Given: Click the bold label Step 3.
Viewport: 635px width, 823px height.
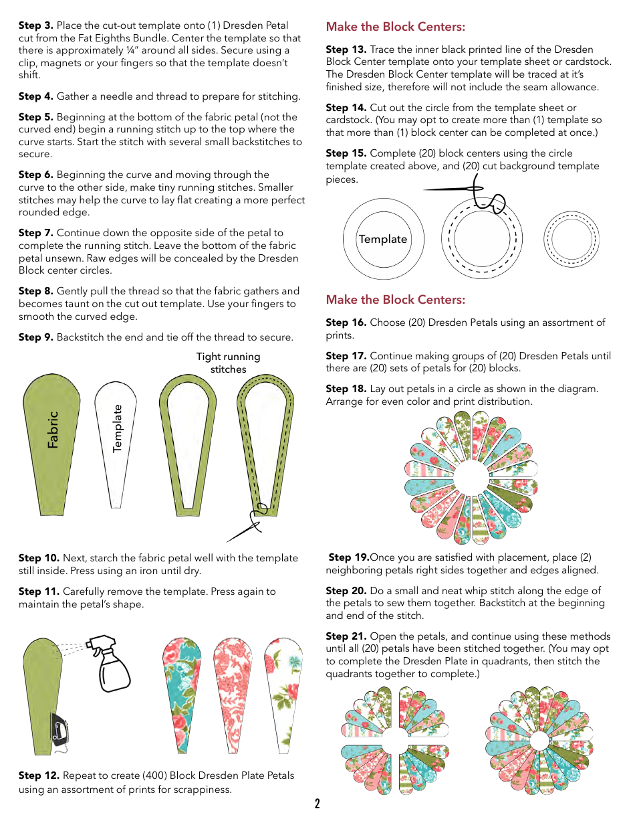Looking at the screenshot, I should click(x=35, y=25).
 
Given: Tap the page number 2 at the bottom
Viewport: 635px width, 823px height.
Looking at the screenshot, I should click(x=317, y=804).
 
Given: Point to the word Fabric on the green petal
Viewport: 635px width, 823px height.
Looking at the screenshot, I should click(x=53, y=429).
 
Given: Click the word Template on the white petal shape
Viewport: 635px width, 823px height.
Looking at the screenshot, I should click(x=118, y=428).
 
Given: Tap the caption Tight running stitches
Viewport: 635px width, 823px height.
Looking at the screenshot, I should click(x=228, y=363).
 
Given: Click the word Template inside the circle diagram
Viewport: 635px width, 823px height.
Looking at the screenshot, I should click(x=382, y=239).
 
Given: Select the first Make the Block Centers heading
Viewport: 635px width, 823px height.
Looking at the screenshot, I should click(x=395, y=27).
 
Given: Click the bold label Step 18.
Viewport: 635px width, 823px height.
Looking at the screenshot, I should click(x=346, y=389).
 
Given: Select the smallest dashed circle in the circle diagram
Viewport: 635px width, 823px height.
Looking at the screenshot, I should click(x=571, y=240).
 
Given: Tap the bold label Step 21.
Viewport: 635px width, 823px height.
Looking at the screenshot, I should click(x=346, y=636).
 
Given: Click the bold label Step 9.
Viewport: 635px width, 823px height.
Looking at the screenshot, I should click(x=35, y=337).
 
